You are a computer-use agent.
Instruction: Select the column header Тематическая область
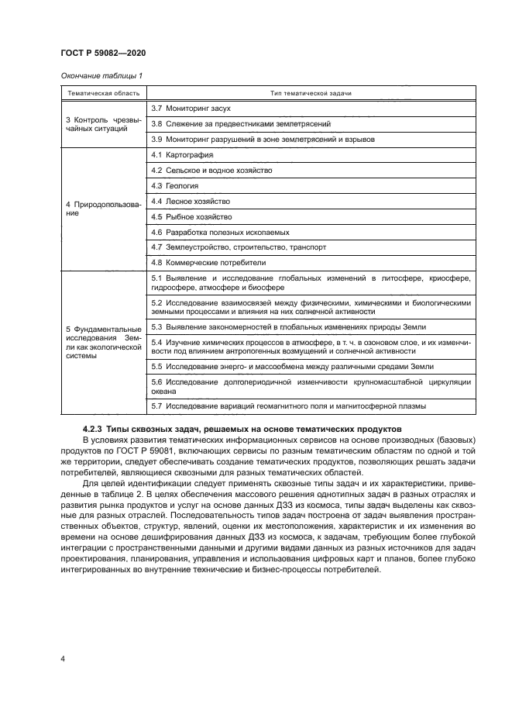(102, 93)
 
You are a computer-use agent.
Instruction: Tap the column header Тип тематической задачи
(311, 93)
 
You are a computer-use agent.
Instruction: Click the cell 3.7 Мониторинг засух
(191, 108)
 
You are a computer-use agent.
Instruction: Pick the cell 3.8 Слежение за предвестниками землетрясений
(241, 123)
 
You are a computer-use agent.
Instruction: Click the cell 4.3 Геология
(175, 186)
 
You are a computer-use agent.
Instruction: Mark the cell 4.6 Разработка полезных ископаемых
(220, 232)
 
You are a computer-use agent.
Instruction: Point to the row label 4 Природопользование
(102, 209)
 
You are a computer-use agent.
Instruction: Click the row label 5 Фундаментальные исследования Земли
(102, 342)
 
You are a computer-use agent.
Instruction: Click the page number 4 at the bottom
(62, 659)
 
